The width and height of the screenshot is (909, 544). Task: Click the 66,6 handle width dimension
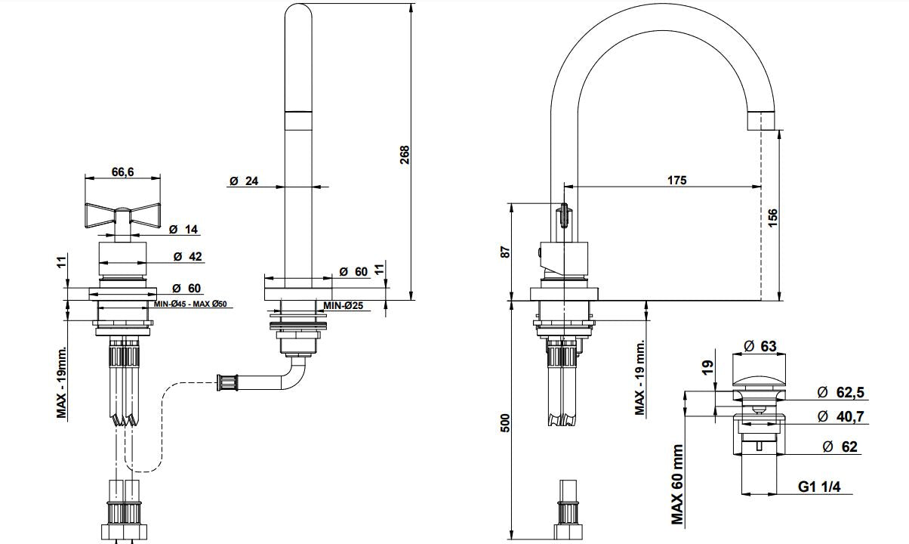122,172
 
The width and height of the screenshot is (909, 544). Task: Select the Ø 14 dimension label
183,230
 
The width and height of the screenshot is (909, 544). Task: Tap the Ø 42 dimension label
187,256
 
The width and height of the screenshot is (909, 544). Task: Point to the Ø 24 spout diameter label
244,181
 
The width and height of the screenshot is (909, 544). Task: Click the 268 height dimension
404,155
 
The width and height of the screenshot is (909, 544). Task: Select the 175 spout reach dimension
676,181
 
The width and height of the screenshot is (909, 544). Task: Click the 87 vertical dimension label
505,251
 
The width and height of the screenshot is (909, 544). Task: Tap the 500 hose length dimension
505,422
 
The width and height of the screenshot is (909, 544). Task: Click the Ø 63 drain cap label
760,346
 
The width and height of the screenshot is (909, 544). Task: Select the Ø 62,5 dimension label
840,391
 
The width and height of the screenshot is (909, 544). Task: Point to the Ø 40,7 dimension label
840,416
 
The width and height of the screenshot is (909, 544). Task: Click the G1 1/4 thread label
819,488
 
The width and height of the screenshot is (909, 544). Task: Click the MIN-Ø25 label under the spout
345,306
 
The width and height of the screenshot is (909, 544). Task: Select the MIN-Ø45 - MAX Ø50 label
191,304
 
